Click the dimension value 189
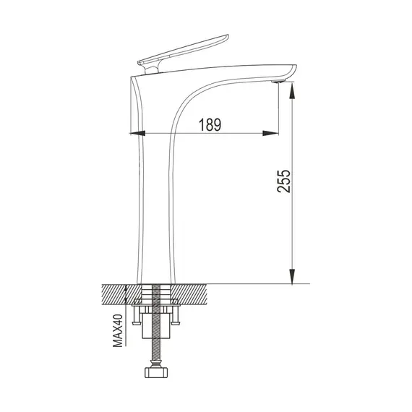click(210, 124)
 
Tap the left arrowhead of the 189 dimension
click(137, 133)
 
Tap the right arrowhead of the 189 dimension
click(272, 133)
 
